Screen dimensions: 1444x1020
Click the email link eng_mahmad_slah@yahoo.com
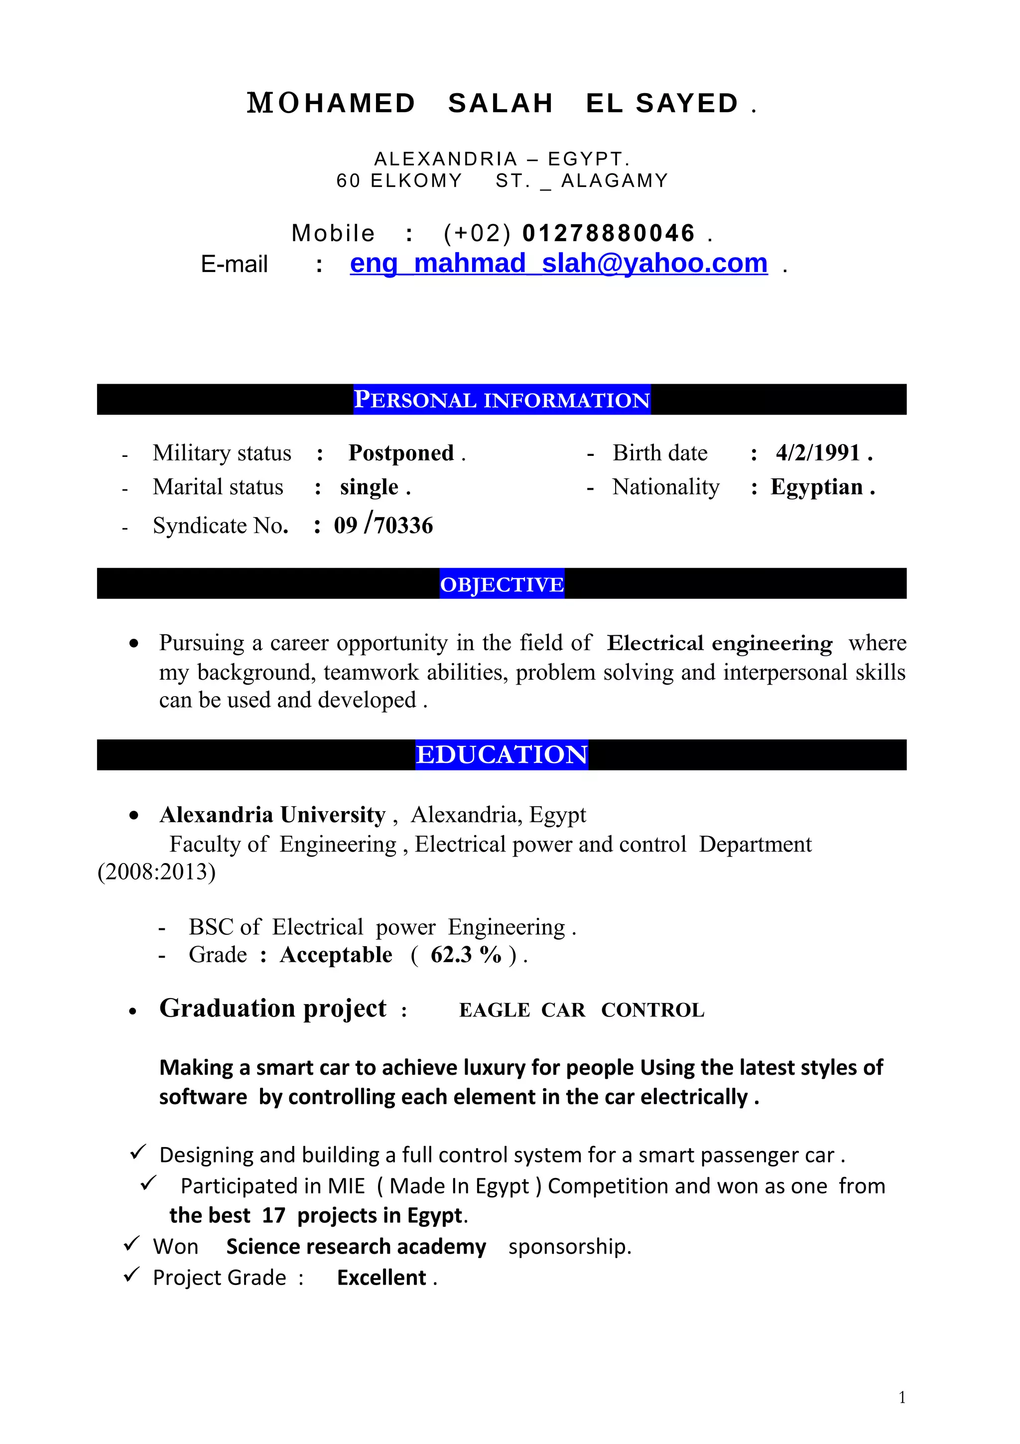(x=558, y=264)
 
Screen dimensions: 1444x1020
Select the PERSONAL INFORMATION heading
(x=502, y=400)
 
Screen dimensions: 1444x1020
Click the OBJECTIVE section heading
(x=502, y=584)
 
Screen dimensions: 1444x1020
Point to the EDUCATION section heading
(x=502, y=755)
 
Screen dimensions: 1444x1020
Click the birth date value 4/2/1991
(x=818, y=453)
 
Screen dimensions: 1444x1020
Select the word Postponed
(x=401, y=453)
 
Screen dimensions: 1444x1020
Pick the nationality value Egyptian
(x=816, y=487)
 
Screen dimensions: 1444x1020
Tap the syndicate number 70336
(x=403, y=526)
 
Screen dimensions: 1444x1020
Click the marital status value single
(x=369, y=487)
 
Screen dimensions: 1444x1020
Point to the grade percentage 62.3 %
(x=466, y=955)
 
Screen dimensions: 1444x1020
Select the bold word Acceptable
(x=336, y=955)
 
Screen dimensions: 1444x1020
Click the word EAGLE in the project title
(x=495, y=1011)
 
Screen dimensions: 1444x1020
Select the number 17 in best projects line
(x=273, y=1216)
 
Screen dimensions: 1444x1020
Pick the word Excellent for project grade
(x=382, y=1278)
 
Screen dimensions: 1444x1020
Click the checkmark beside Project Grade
(x=131, y=1276)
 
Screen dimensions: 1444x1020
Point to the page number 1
(x=902, y=1398)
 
